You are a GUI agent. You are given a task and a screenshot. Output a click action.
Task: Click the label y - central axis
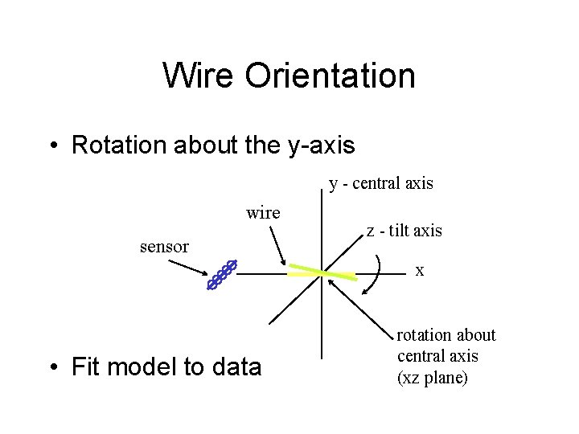[381, 183]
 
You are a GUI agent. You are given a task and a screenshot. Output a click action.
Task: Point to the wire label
[263, 213]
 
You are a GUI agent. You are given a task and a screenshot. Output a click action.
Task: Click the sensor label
[164, 246]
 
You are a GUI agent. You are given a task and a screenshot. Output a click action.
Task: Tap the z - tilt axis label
[404, 231]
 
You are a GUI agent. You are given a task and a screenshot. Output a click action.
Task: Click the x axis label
[420, 271]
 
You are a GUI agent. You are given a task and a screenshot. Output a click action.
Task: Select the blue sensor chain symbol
[222, 274]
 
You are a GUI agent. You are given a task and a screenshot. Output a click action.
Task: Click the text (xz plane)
[433, 377]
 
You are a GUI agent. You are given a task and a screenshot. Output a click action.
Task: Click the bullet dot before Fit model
[53, 368]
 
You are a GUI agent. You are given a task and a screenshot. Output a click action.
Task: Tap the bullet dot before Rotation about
[53, 146]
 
